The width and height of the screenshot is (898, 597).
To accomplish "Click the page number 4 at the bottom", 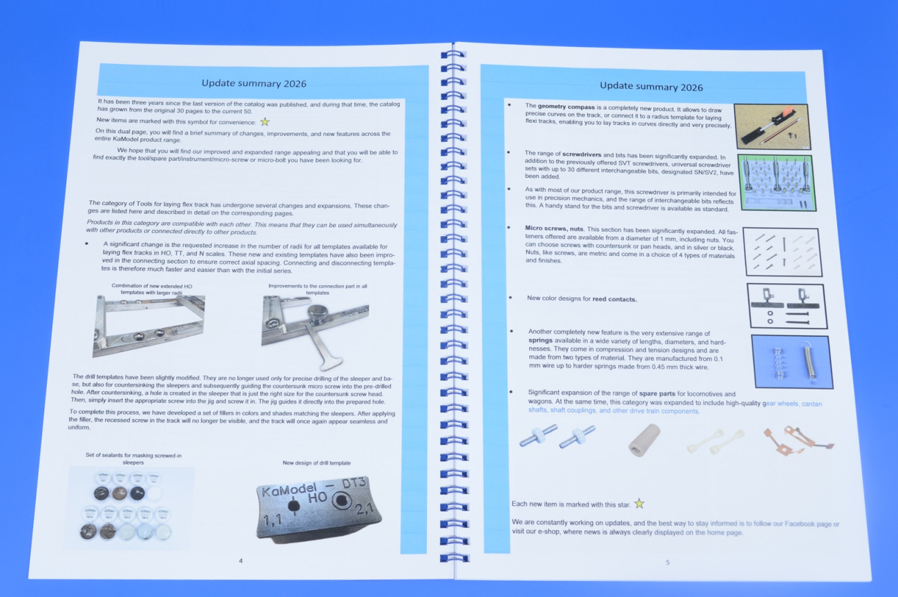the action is [x=240, y=561].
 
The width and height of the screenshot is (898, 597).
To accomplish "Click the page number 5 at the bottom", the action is [x=667, y=562].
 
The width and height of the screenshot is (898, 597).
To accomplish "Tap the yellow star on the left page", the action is [x=265, y=121].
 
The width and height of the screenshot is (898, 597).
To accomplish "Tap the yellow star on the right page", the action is [x=640, y=504].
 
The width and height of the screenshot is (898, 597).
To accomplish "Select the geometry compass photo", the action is [x=772, y=126].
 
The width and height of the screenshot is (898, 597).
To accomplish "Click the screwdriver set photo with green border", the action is [x=776, y=183].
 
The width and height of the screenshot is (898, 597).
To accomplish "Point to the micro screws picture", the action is [x=783, y=252].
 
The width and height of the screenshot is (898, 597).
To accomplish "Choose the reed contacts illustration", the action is [x=787, y=306].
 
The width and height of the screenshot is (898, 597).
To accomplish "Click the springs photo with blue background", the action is [x=792, y=362].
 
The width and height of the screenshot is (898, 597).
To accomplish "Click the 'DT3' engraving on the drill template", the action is [x=353, y=483].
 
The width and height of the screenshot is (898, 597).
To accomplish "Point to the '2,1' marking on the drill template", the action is [x=364, y=509].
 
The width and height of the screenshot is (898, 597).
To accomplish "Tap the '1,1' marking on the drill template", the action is [x=273, y=520].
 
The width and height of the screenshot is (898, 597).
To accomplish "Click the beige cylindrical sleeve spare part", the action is [x=644, y=440].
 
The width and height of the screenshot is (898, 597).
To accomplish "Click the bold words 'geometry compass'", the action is [x=566, y=107].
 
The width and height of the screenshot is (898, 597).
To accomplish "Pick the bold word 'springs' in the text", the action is [x=540, y=340].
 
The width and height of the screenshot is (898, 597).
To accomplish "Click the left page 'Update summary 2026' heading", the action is [x=254, y=84].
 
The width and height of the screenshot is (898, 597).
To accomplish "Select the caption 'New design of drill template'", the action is [x=316, y=463].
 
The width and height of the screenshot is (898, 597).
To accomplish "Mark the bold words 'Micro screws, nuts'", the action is [x=555, y=228].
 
